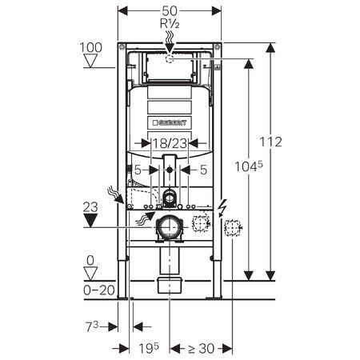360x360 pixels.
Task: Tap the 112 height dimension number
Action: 273,142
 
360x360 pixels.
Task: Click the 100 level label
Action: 93,49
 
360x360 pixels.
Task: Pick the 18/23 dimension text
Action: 169,143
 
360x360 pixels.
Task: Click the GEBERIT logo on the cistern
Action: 170,122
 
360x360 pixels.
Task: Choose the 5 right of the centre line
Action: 204,169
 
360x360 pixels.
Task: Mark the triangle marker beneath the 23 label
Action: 93,220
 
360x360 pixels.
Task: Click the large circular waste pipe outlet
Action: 170,227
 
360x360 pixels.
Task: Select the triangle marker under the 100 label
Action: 93,62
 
